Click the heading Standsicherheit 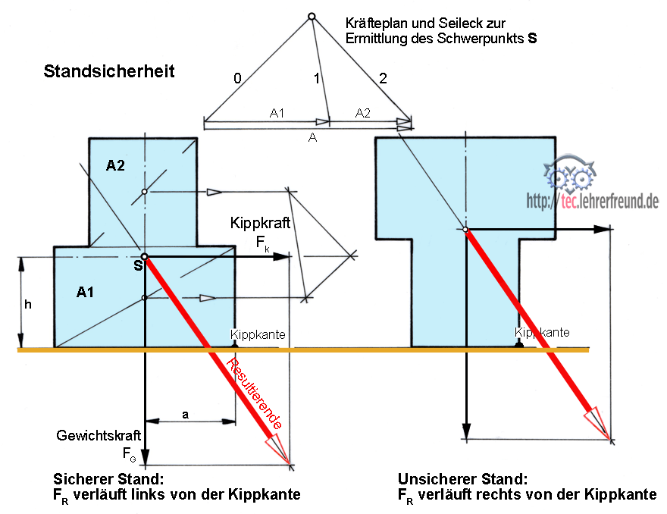[x=109, y=72]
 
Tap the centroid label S [x=136, y=265]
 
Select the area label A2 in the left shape [x=115, y=167]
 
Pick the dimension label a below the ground [x=186, y=414]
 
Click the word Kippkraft [x=259, y=224]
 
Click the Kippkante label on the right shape [x=542, y=332]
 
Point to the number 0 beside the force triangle [x=237, y=77]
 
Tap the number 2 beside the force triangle [x=383, y=77]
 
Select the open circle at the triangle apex [x=311, y=16]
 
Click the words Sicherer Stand [x=108, y=480]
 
